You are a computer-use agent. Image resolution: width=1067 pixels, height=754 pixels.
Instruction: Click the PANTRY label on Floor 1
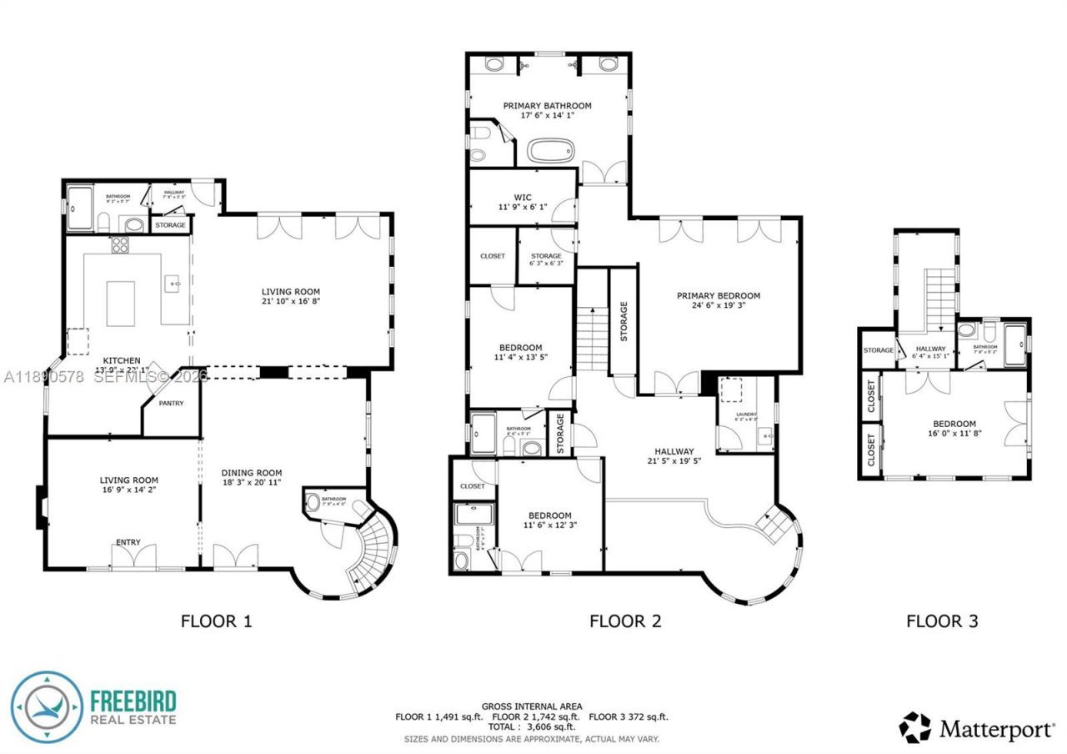click(173, 405)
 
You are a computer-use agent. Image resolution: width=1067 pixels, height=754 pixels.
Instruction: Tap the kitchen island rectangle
click(121, 302)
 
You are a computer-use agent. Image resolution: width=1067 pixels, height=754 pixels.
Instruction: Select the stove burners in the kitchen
click(120, 245)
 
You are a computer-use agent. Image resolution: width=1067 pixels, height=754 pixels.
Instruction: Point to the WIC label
click(523, 197)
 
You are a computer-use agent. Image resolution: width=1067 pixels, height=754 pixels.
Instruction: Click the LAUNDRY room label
click(746, 414)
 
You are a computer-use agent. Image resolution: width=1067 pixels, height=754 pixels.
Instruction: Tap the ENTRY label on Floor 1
click(128, 543)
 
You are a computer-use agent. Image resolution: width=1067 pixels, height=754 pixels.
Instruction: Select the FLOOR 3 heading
click(942, 621)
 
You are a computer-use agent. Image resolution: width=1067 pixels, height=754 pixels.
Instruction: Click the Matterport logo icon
click(914, 727)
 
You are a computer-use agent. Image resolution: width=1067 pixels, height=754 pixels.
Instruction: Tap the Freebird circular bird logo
click(47, 707)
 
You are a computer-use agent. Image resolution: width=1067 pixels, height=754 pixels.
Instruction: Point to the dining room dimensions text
click(252, 483)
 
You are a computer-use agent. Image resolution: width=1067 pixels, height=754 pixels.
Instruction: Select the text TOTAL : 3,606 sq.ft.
click(531, 727)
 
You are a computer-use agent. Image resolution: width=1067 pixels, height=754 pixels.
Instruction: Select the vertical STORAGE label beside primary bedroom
click(624, 321)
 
